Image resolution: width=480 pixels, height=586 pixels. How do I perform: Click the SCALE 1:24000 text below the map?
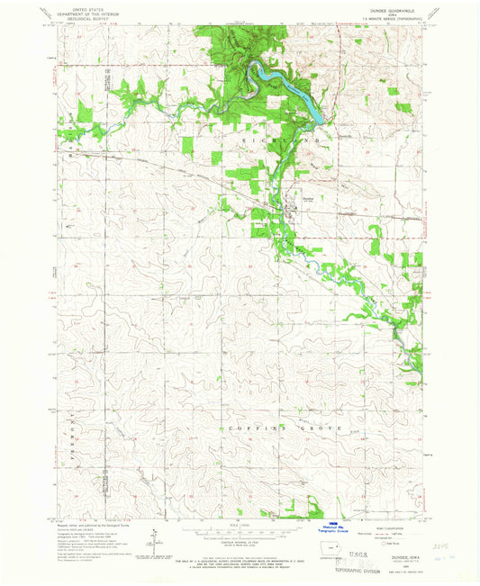(x=240, y=527)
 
